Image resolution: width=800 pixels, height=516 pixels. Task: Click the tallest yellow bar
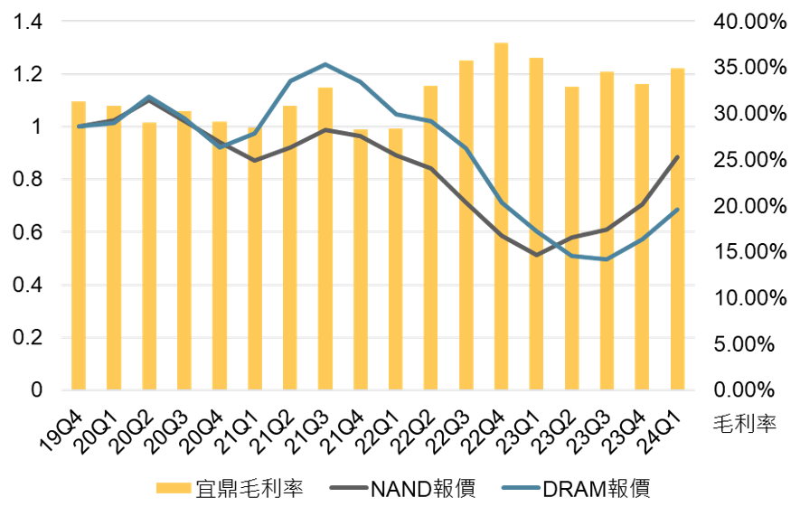[501, 217]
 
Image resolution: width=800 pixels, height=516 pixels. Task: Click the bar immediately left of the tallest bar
[466, 225]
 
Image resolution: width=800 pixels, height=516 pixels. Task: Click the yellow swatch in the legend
[174, 488]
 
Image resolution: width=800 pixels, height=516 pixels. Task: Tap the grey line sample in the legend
[349, 488]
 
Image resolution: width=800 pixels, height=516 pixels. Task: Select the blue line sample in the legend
[521, 488]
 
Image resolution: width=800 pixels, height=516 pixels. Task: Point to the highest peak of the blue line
[325, 63]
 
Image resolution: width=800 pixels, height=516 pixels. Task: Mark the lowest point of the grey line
[537, 255]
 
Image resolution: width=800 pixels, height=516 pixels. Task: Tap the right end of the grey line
[677, 157]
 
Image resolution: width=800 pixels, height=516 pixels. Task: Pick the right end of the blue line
[677, 210]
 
